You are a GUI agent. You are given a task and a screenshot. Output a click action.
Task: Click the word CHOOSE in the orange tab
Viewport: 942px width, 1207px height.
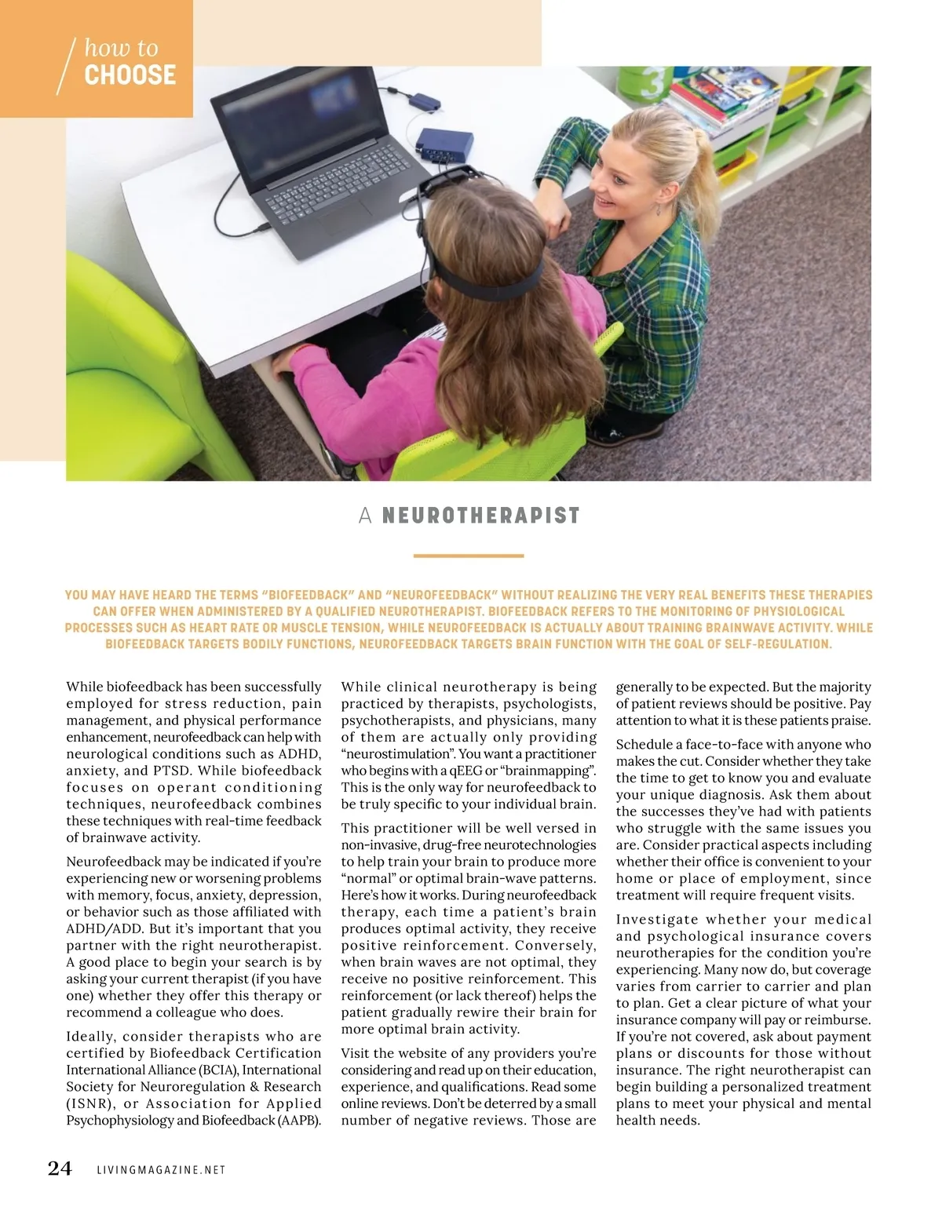[130, 75]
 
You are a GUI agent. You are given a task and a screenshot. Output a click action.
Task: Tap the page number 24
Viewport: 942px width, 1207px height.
[60, 1169]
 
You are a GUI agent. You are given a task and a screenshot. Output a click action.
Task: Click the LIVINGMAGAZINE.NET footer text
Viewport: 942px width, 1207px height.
[161, 1170]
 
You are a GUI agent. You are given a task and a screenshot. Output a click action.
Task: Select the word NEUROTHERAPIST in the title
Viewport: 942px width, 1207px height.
[480, 516]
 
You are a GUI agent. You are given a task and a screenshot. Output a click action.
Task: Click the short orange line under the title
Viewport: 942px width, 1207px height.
[468, 556]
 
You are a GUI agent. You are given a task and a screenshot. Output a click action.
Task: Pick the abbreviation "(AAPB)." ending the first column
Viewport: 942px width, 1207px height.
[299, 1120]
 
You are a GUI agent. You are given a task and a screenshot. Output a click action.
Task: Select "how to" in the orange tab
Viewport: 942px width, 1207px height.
[121, 48]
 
